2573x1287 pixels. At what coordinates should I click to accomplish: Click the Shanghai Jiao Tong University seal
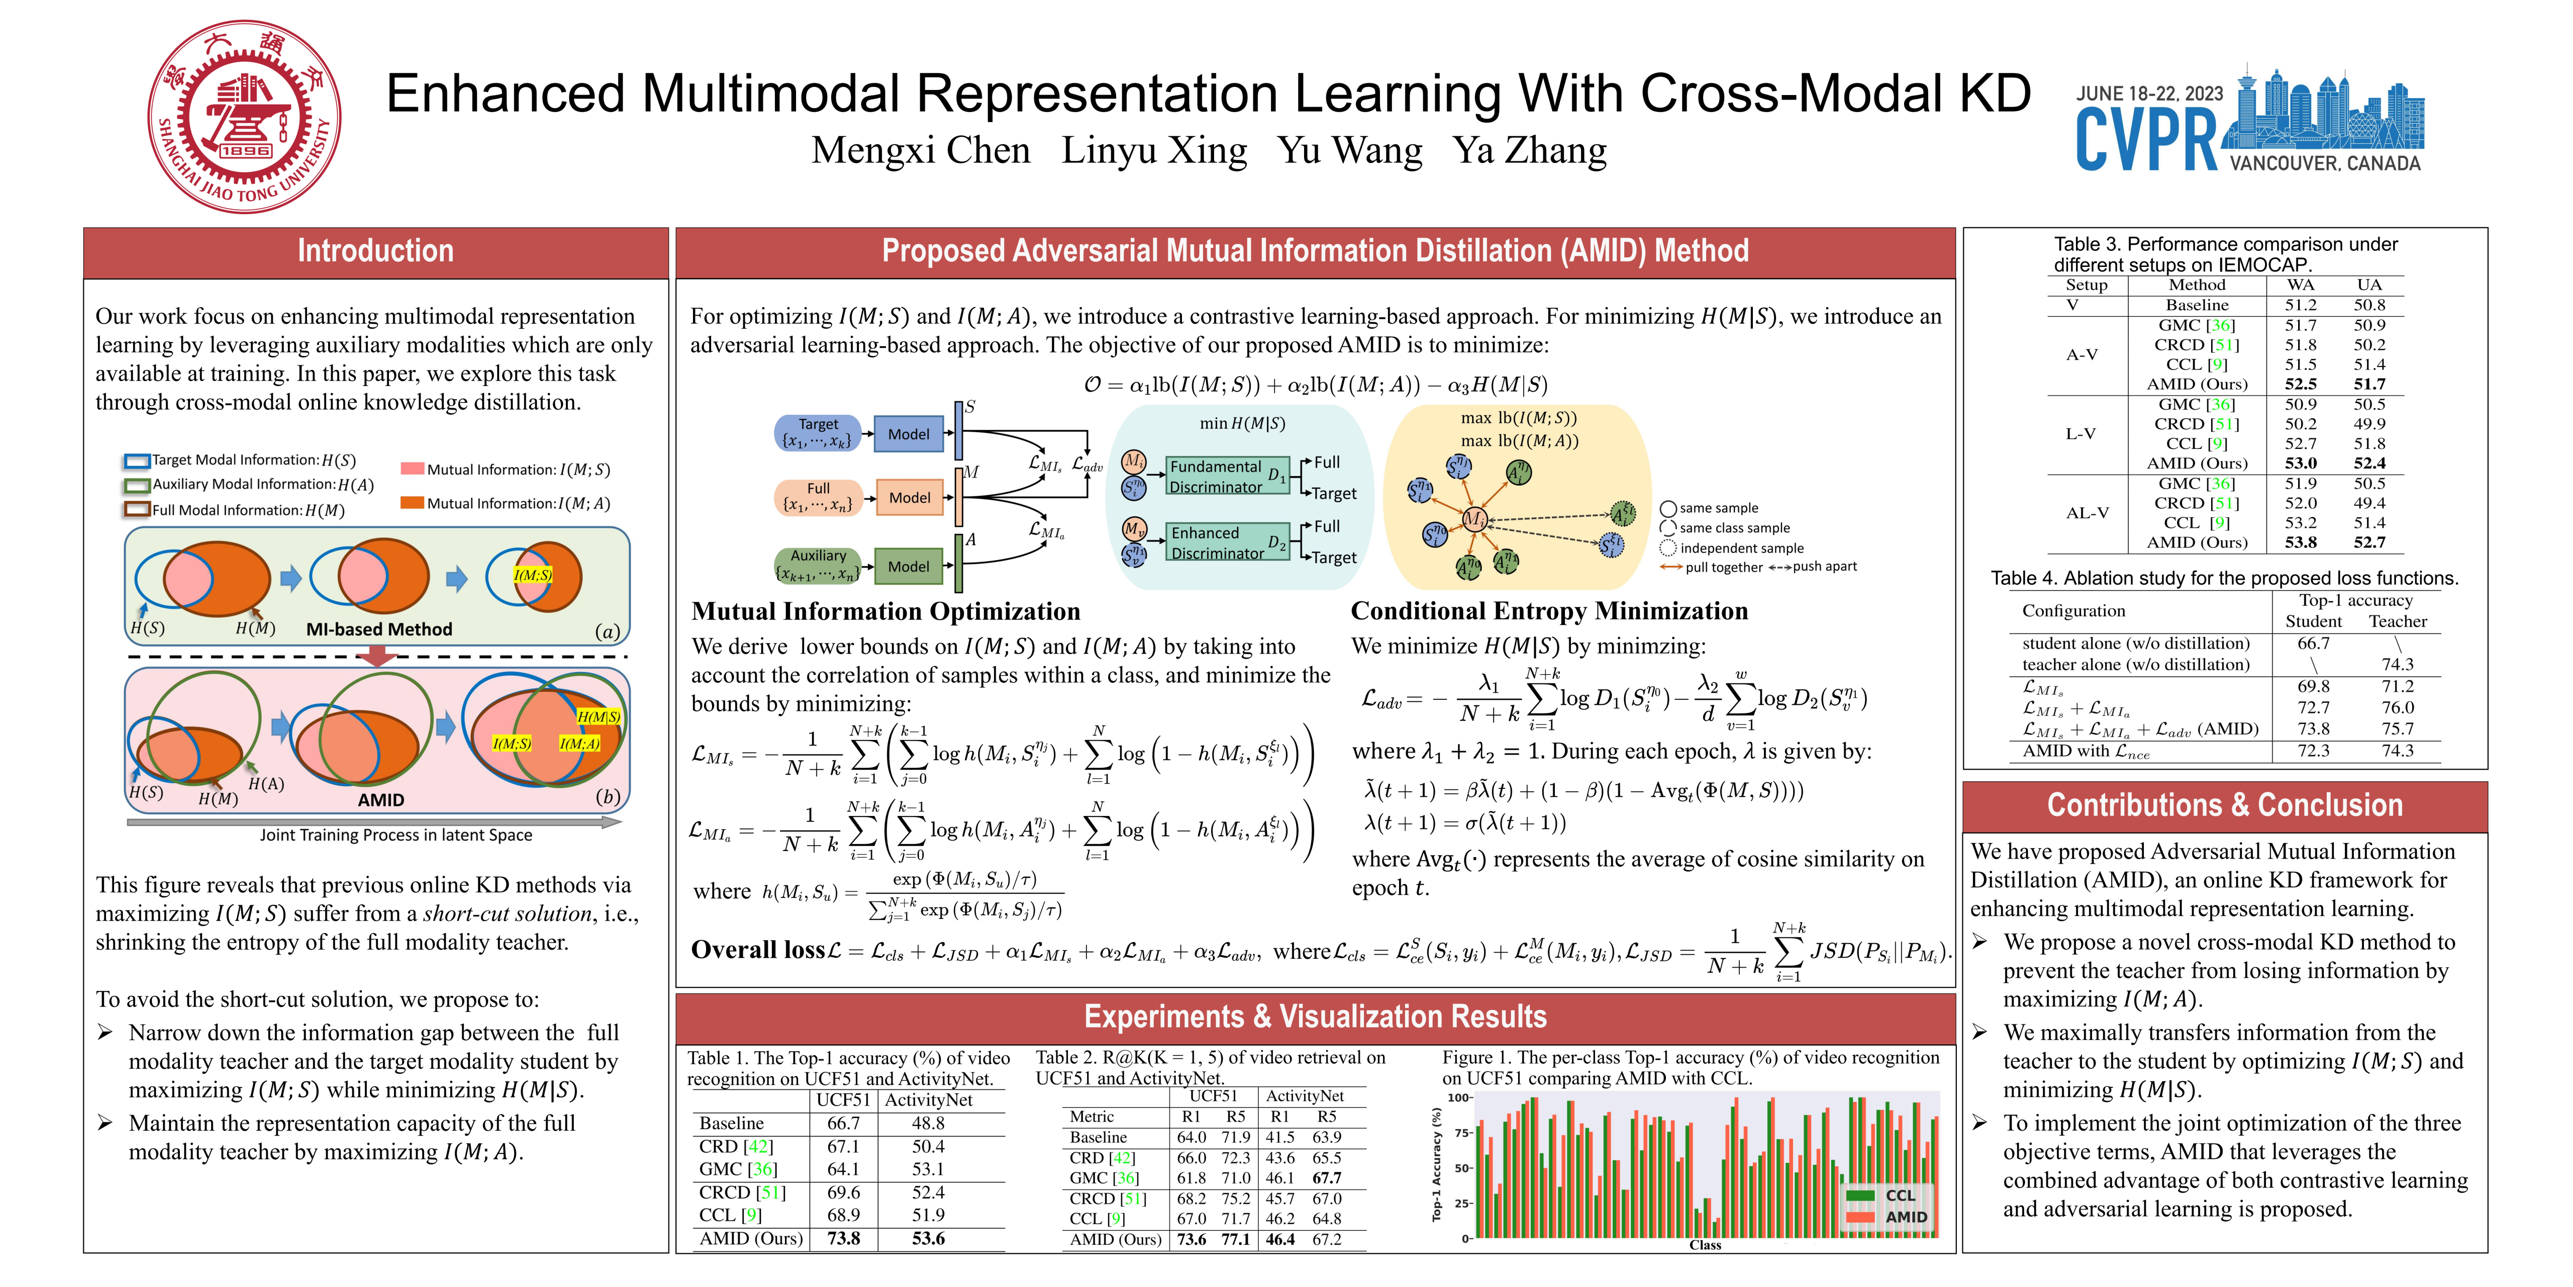pyautogui.click(x=245, y=117)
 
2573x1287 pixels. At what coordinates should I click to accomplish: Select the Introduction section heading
pyautogui.click(x=375, y=251)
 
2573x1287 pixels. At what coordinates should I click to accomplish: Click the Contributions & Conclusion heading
pyautogui.click(x=2224, y=805)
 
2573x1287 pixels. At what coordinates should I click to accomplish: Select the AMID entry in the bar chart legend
pyautogui.click(x=1888, y=1217)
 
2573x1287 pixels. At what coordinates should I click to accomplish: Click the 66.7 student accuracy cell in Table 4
pyautogui.click(x=2313, y=643)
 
